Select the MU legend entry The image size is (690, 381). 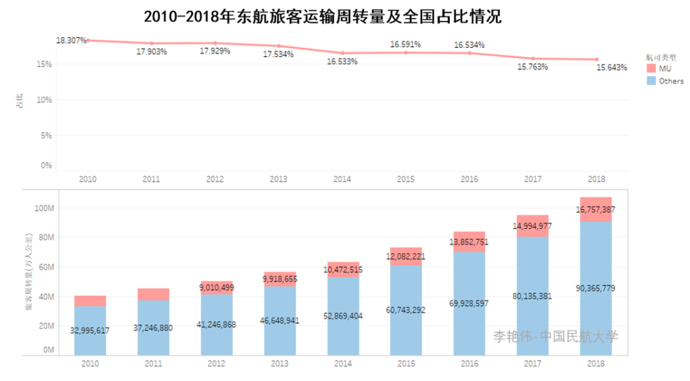pos(659,68)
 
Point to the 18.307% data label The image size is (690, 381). pos(71,40)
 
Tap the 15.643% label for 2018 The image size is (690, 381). pos(611,68)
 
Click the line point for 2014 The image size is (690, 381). pos(342,53)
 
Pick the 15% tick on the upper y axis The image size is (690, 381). pos(44,64)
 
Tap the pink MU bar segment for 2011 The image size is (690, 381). pos(153,294)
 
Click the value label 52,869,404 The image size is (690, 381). pos(342,315)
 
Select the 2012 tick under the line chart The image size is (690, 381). pos(215,180)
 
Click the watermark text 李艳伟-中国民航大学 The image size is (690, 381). pos(555,336)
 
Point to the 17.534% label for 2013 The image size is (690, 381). pos(278,55)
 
